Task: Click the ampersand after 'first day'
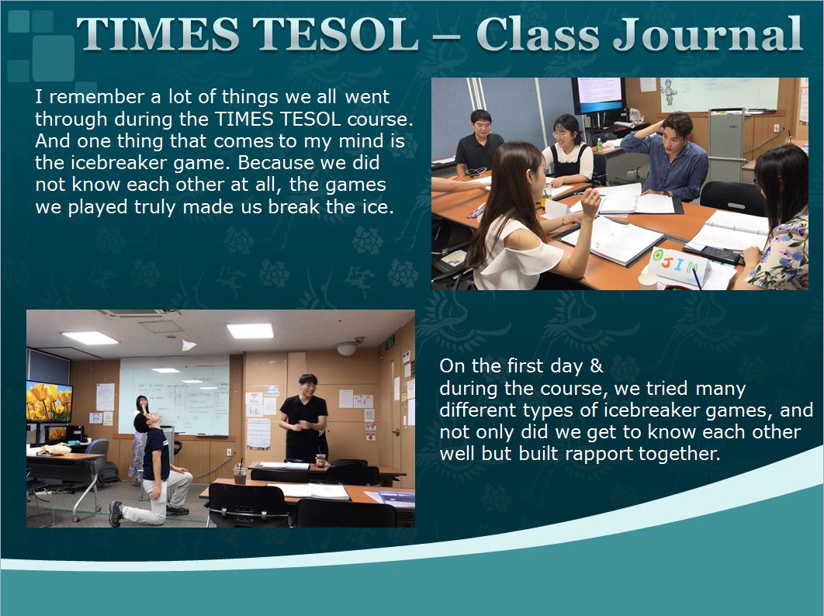tap(596, 365)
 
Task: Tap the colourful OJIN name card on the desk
tap(677, 265)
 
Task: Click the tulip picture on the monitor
tap(49, 401)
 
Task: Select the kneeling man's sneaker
tap(116, 513)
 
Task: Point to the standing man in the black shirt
tap(303, 418)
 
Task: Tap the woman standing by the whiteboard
tap(137, 436)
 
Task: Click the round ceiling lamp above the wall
tap(347, 348)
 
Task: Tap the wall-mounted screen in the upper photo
tap(598, 95)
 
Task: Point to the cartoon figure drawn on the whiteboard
tap(669, 92)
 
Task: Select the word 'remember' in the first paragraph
tap(97, 97)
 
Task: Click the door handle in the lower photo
tap(395, 433)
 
